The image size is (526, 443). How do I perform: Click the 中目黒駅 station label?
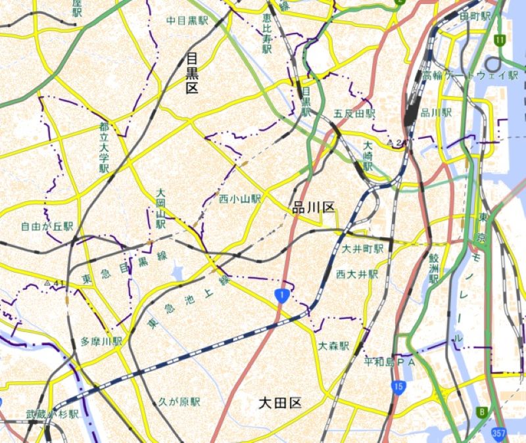coord(187,20)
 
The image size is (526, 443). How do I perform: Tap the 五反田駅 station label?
coord(354,114)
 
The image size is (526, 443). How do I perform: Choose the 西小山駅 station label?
coord(240,198)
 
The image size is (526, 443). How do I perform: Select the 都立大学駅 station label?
coord(103,147)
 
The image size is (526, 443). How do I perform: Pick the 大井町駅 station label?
coord(363,249)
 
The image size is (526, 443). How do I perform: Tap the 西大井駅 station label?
coord(357,273)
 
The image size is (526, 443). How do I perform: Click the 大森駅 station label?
coord(334,346)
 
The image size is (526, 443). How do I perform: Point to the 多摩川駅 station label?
coord(102,342)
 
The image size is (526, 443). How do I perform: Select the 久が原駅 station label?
coord(179,402)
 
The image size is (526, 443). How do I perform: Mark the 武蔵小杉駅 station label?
coord(53,415)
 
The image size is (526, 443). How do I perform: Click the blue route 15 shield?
coord(396,386)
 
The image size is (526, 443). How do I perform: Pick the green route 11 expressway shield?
coord(500,41)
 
